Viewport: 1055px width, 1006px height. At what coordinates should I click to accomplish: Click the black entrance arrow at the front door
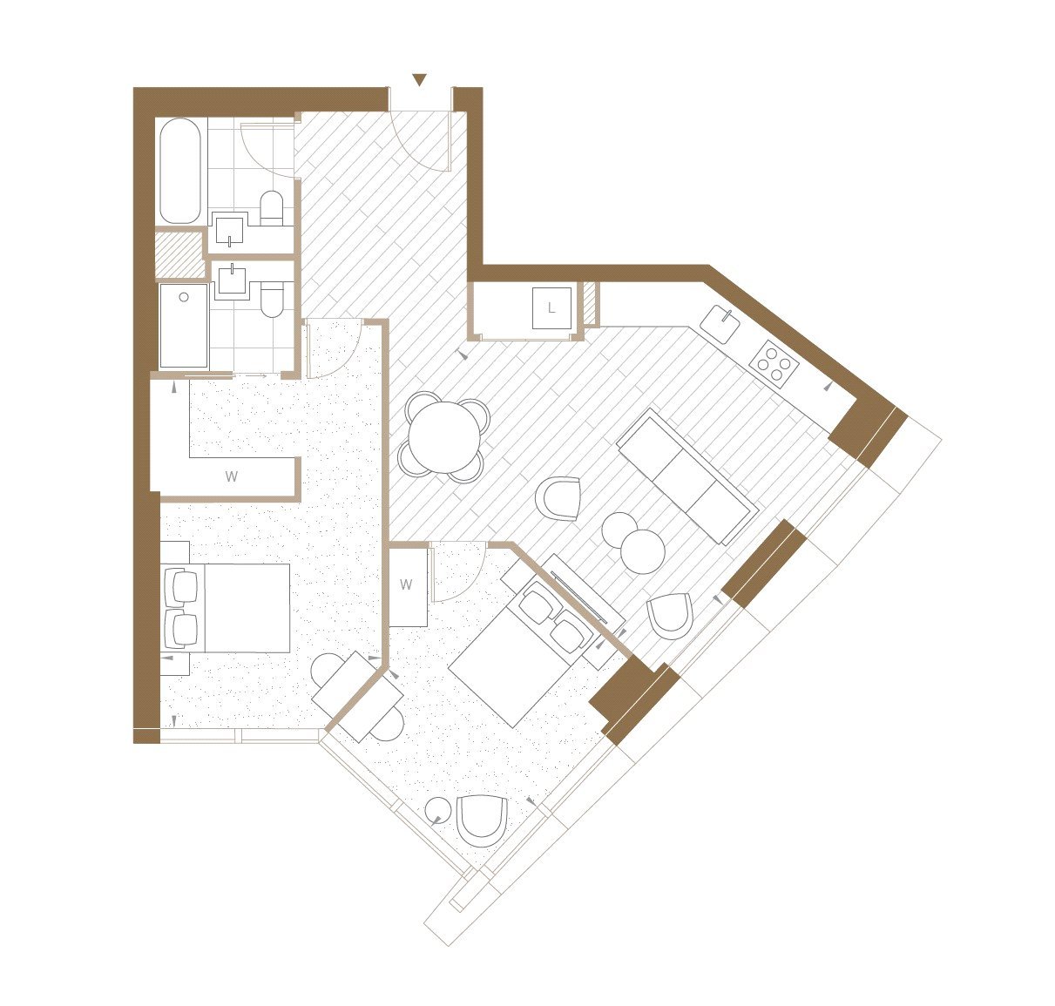click(x=420, y=80)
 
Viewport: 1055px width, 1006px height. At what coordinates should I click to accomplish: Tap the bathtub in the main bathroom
click(x=180, y=171)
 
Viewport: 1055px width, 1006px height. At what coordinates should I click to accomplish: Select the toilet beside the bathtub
click(x=272, y=207)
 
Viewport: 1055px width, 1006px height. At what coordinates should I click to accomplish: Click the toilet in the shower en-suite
click(x=273, y=300)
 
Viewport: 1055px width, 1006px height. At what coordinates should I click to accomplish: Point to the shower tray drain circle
click(x=184, y=297)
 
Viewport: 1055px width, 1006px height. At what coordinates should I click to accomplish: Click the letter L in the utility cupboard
click(x=551, y=308)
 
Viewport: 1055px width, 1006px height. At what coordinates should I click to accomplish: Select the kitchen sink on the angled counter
click(x=720, y=324)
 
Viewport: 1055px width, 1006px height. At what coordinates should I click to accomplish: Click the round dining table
click(x=444, y=436)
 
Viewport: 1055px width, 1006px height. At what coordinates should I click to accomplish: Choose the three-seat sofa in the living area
click(x=688, y=476)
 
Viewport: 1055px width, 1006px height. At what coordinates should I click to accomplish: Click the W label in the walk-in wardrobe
click(x=231, y=476)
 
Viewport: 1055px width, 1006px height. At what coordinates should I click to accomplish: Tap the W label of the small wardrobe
click(x=406, y=584)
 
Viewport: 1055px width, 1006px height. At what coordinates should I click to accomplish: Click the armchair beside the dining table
click(x=558, y=498)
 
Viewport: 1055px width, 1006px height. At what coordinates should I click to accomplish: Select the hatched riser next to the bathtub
click(x=180, y=253)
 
